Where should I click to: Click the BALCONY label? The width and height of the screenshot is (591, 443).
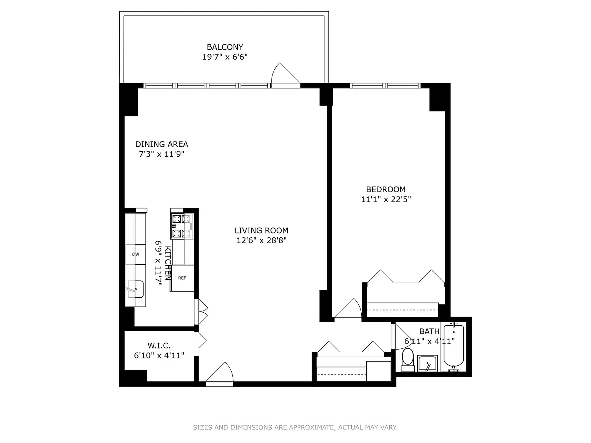(x=225, y=47)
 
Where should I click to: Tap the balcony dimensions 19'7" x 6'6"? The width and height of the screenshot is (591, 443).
(x=225, y=57)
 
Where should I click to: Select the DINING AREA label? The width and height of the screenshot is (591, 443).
(x=162, y=144)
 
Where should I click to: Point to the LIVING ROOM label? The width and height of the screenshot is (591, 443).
(x=261, y=230)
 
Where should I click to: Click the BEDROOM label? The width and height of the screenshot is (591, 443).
(x=386, y=189)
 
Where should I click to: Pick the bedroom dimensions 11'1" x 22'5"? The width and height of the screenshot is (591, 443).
(x=386, y=199)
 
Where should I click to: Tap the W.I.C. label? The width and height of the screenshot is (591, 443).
(x=159, y=345)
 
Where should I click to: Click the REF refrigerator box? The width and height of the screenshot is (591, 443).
(x=182, y=278)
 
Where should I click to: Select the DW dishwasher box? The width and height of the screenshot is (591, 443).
(x=136, y=254)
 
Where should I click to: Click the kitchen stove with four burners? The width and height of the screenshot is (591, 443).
(x=182, y=226)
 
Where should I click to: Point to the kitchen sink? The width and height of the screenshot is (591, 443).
(x=135, y=289)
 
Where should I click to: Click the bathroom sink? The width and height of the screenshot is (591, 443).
(x=427, y=363)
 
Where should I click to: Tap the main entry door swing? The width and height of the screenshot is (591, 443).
(x=219, y=372)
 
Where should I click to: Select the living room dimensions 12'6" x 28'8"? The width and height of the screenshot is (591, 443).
(x=261, y=240)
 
